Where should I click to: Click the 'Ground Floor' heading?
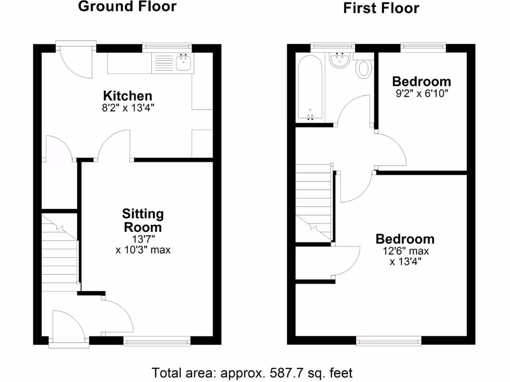point(127,7)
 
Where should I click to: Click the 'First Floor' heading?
point(381,8)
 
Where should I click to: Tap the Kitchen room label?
point(127,95)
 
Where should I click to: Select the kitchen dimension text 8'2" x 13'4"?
point(127,107)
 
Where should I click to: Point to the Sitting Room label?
point(143,220)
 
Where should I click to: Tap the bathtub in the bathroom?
point(310,88)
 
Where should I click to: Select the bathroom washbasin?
point(341,62)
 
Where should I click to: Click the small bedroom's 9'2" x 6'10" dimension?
point(421,94)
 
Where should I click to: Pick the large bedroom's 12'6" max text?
point(404,251)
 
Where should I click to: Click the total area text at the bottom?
point(252,373)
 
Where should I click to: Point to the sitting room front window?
point(156,341)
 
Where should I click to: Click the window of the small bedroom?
point(422,47)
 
